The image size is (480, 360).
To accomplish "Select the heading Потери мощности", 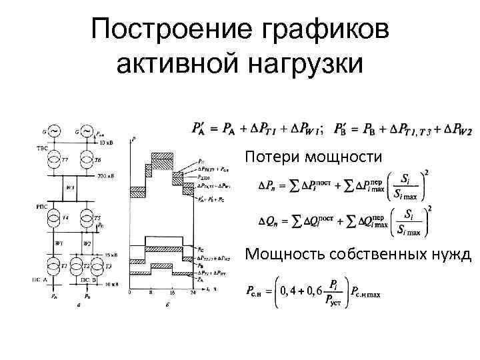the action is (313, 157).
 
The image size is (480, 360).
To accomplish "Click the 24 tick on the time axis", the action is (192, 292).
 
